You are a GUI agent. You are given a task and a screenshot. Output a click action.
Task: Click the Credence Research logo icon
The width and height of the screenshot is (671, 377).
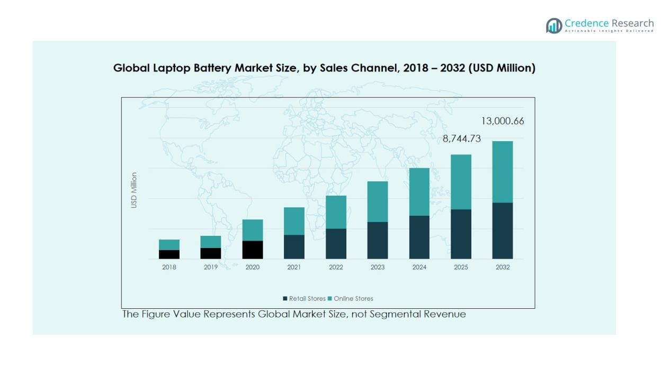click(554, 25)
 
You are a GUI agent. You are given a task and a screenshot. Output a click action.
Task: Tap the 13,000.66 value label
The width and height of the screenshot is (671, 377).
click(502, 121)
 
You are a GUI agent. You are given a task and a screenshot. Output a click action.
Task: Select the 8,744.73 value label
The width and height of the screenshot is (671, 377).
click(462, 139)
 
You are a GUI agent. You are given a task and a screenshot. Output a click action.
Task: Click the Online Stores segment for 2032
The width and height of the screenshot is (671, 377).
click(503, 172)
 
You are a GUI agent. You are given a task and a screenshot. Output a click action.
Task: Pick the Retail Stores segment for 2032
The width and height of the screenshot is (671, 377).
click(503, 231)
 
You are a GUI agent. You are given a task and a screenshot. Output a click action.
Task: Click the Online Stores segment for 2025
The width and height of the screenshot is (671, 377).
click(461, 182)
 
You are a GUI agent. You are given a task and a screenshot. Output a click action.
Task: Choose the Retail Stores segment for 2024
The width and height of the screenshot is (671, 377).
click(419, 237)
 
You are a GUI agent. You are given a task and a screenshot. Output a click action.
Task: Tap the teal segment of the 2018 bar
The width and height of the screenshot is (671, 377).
click(169, 244)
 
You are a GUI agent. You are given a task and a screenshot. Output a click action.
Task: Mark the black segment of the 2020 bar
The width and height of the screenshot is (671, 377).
click(253, 250)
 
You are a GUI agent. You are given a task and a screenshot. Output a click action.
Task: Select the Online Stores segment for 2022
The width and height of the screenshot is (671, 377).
click(336, 212)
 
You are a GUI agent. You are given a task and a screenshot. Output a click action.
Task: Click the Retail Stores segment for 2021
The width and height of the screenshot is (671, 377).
click(294, 246)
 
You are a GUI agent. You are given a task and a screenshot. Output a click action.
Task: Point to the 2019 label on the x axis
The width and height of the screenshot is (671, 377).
click(211, 267)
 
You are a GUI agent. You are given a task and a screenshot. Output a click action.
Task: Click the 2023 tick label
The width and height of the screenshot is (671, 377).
click(378, 267)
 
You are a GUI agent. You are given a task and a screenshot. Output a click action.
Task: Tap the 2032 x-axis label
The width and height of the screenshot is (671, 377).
click(503, 267)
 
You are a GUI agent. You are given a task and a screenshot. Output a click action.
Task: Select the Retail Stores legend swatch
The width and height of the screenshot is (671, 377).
click(285, 299)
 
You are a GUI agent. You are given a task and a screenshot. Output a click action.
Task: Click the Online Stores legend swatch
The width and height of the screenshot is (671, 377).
click(330, 299)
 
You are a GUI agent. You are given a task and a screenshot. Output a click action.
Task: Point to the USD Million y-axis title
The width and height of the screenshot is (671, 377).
click(134, 190)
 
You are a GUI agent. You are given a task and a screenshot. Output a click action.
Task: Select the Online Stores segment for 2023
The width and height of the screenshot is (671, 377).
click(378, 201)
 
